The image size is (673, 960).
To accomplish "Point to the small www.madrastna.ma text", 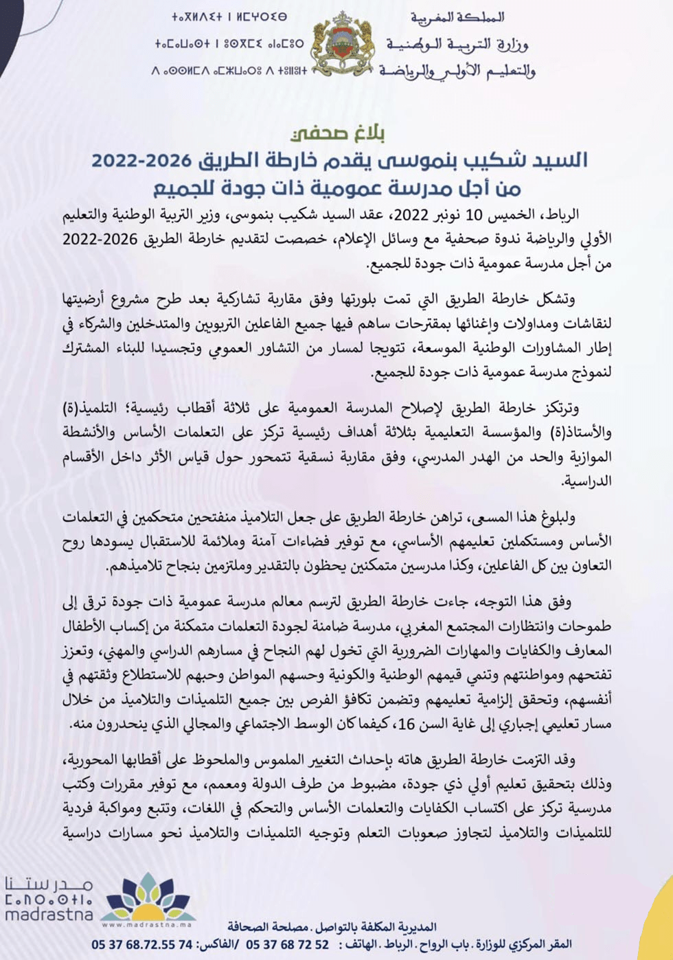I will [x=148, y=925].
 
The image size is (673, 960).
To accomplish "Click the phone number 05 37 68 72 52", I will [x=287, y=945].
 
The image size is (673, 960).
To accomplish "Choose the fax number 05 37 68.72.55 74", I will [x=142, y=945].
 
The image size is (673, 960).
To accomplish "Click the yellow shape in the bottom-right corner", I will [x=661, y=913].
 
